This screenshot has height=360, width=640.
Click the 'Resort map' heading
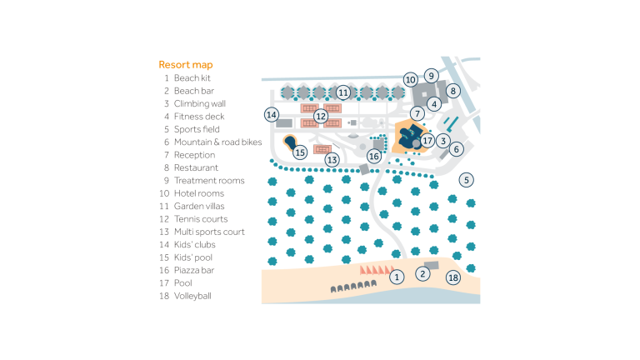pyautogui.click(x=185, y=64)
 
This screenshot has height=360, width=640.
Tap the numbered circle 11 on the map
pyautogui.click(x=343, y=92)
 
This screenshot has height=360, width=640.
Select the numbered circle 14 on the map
pyautogui.click(x=271, y=114)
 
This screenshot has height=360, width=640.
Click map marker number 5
pyautogui.click(x=467, y=179)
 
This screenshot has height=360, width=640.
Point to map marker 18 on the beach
pyautogui.click(x=453, y=277)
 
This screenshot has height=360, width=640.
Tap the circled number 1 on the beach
pyautogui.click(x=397, y=277)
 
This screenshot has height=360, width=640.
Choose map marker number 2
pyautogui.click(x=422, y=272)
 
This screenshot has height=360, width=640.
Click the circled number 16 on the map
pyautogui.click(x=374, y=156)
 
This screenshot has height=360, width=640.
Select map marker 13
pyautogui.click(x=332, y=158)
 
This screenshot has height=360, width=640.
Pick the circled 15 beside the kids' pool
pyautogui.click(x=300, y=152)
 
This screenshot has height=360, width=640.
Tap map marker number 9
pyautogui.click(x=431, y=75)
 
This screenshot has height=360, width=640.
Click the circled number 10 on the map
pyautogui.click(x=410, y=80)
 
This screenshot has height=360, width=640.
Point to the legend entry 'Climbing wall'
pyautogui.click(x=199, y=104)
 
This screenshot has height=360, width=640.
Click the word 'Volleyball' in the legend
pyautogui.click(x=192, y=295)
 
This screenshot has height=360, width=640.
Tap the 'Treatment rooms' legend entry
pyautogui.click(x=208, y=181)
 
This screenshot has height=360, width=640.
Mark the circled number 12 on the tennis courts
pyautogui.click(x=320, y=116)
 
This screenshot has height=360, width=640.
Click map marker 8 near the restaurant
pyautogui.click(x=453, y=90)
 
